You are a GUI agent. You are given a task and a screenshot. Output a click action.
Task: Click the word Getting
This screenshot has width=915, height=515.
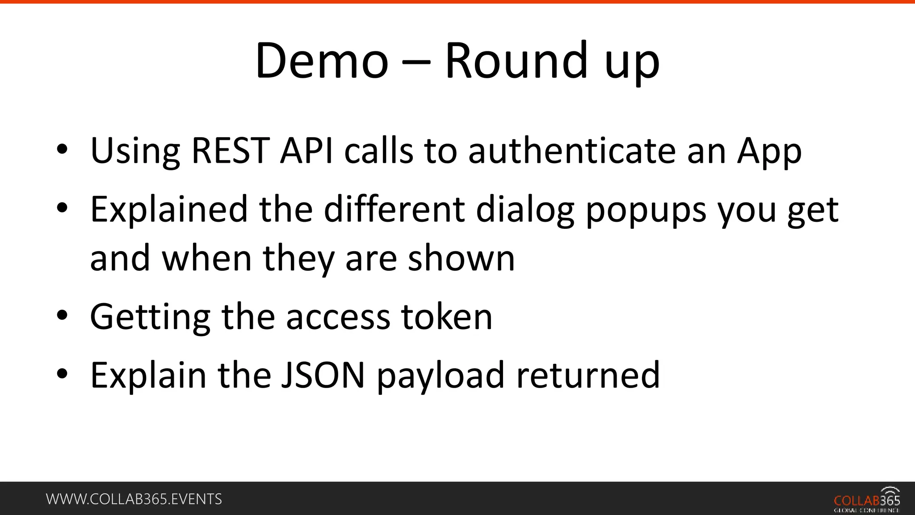coord(150,317)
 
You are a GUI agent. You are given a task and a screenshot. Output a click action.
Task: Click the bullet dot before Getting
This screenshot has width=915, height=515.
coord(62,316)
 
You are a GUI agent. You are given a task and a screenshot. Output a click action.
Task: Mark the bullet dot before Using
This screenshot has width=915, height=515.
coord(62,149)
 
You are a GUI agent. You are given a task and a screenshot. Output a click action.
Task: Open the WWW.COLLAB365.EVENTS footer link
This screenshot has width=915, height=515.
coord(134,499)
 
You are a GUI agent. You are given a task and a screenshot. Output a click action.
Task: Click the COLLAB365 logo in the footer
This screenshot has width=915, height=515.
coord(867,500)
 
